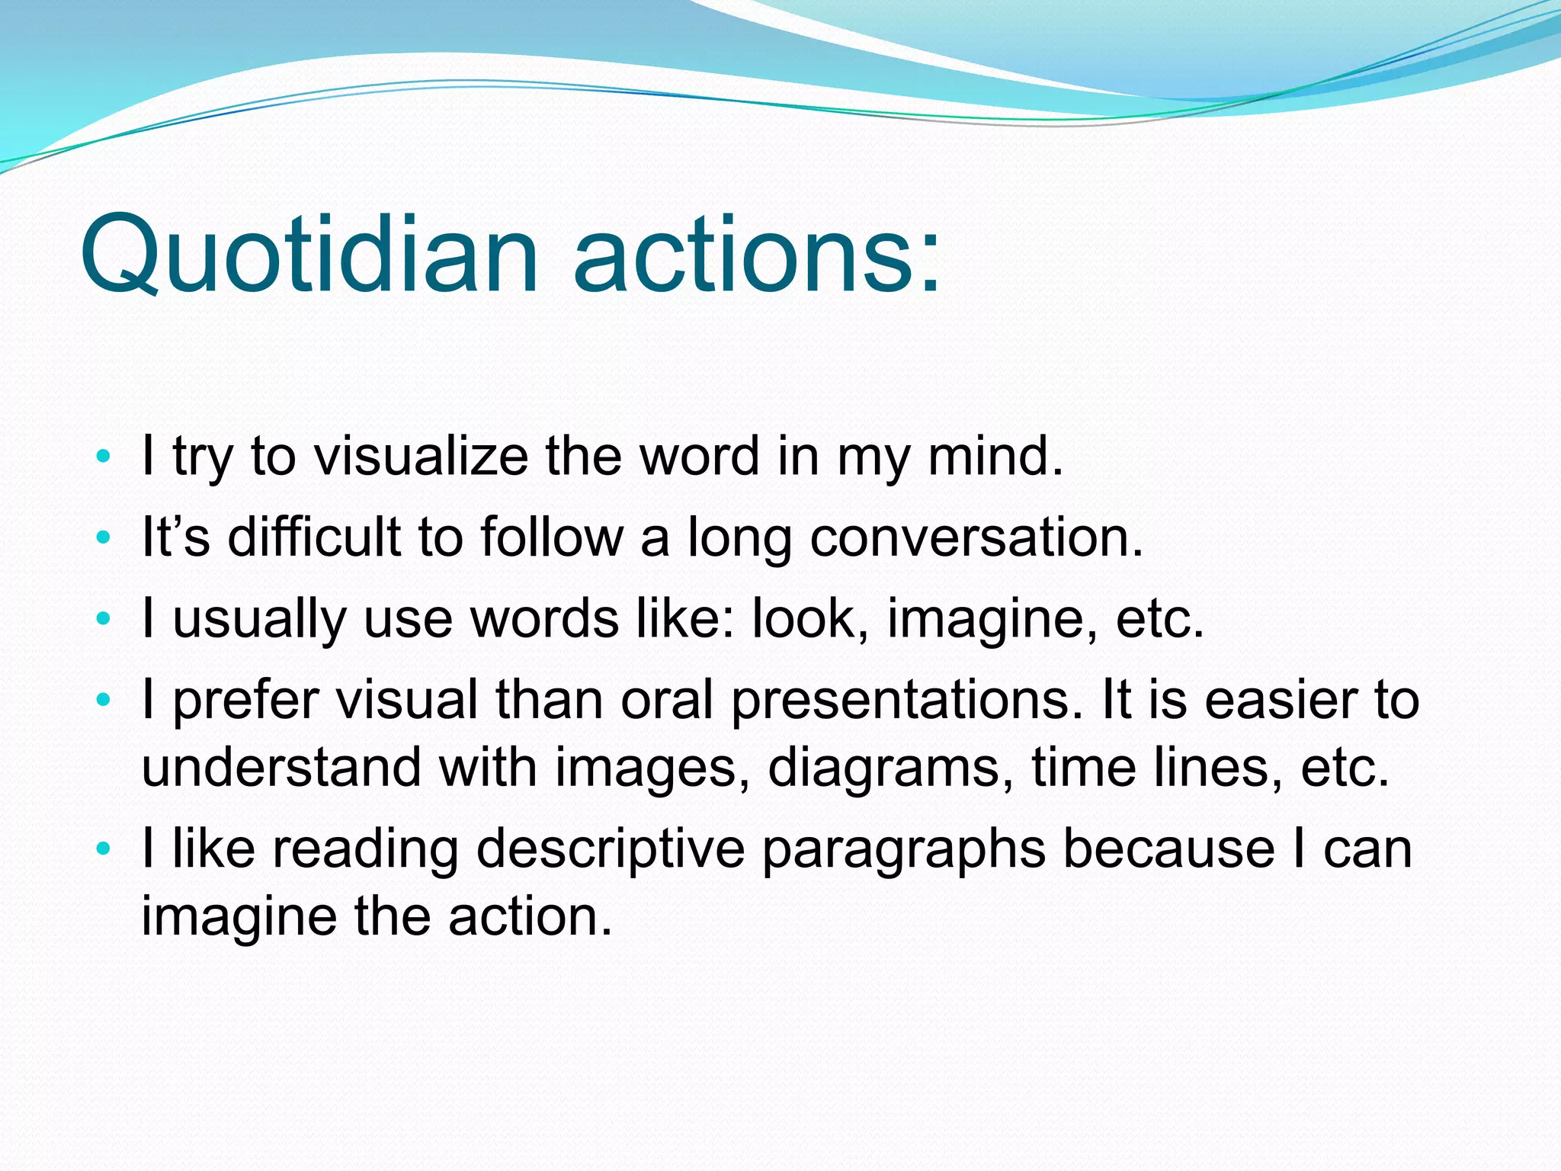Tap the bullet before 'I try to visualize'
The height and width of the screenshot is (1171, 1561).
(x=104, y=457)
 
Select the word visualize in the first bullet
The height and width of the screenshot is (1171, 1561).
(x=422, y=457)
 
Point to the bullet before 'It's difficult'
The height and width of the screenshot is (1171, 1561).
(x=104, y=538)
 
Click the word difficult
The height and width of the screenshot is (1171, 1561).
(x=314, y=537)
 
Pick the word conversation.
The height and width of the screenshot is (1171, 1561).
(x=976, y=537)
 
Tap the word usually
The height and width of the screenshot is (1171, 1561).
(x=259, y=619)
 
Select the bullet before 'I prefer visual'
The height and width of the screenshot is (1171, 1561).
(x=104, y=699)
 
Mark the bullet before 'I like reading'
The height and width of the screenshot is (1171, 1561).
(x=104, y=848)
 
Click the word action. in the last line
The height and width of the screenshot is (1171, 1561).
(x=530, y=916)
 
